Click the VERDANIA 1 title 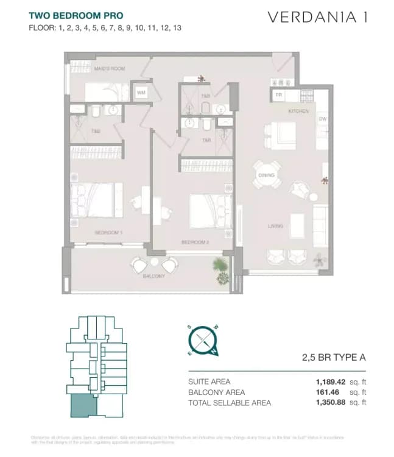tap(317, 16)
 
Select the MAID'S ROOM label tap(110, 69)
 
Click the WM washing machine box tap(141, 93)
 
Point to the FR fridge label tap(278, 96)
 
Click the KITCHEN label tap(298, 112)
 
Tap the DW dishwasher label tap(322, 119)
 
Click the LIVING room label tap(275, 226)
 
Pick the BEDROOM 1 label tap(109, 233)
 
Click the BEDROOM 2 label tap(195, 242)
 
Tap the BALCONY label tap(154, 276)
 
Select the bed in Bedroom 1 tap(96, 199)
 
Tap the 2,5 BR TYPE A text tap(334, 358)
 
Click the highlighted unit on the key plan tap(82, 405)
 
